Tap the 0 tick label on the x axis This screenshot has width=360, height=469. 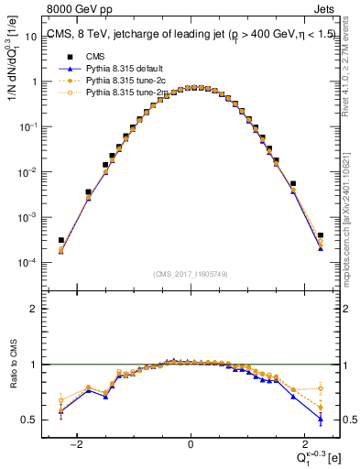(191, 444)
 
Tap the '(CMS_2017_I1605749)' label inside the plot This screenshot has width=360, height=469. (190, 274)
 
